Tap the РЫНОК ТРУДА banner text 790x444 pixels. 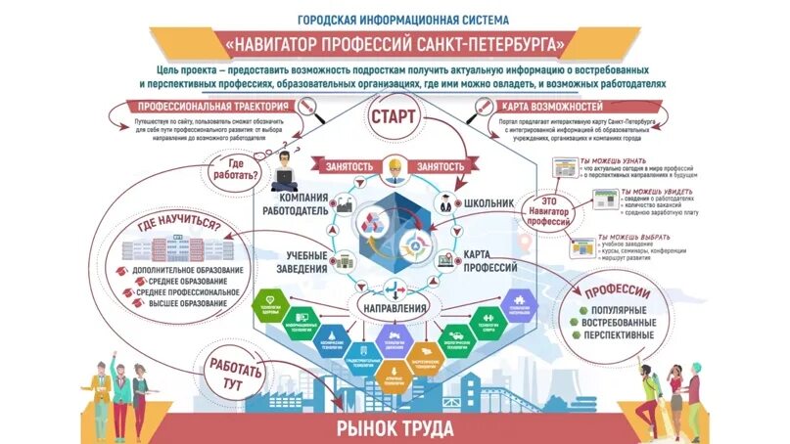tap(395, 427)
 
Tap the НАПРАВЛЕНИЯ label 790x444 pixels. tap(395, 310)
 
